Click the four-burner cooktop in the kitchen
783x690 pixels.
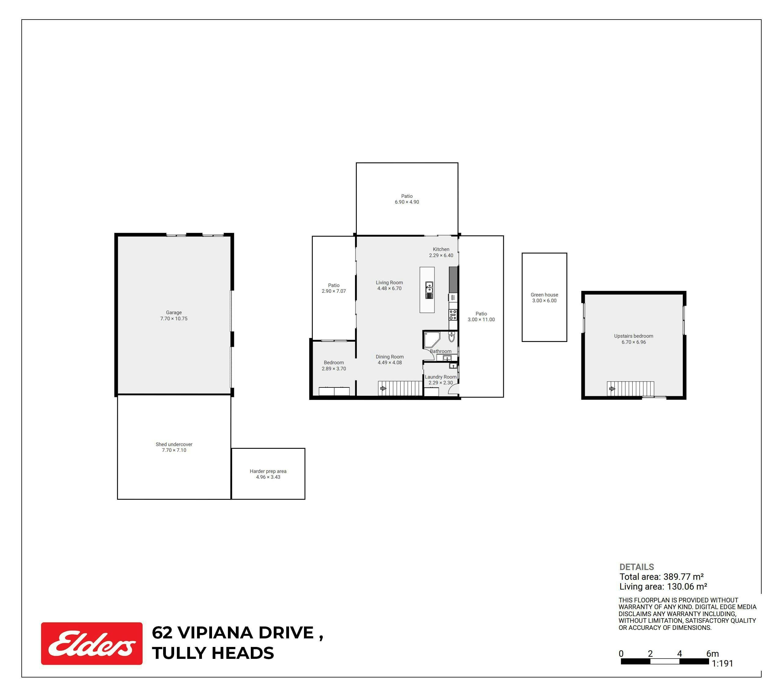tap(453, 315)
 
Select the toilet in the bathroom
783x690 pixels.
tap(451, 337)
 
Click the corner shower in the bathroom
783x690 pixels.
tap(432, 340)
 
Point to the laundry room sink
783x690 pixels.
tap(453, 366)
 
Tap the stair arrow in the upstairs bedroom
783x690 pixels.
tap(612, 389)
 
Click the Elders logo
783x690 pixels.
tap(92, 644)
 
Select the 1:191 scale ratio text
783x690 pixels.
tap(722, 663)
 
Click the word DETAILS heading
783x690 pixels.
tap(637, 567)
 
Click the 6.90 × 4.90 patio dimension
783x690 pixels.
tap(407, 202)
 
